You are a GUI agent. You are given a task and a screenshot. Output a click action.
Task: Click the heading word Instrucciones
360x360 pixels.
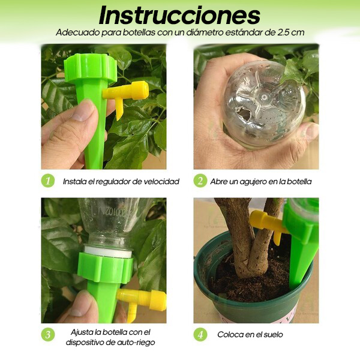pos(179,16)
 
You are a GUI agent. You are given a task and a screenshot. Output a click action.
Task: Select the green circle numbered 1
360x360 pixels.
pos(48,181)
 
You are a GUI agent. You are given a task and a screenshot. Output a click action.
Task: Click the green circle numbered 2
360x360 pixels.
pos(200,181)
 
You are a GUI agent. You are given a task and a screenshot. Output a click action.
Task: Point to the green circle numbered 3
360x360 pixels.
pos(48,335)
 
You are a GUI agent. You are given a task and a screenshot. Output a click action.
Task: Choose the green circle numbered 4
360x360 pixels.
pos(200,335)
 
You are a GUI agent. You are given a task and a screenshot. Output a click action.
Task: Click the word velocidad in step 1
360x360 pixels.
pos(161,181)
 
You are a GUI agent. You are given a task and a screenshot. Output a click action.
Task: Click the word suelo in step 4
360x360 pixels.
pos(273,335)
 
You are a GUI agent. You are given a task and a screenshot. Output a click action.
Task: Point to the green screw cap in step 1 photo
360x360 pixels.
pos(90,68)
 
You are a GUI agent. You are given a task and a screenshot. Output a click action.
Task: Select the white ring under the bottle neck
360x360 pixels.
pos(108,251)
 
